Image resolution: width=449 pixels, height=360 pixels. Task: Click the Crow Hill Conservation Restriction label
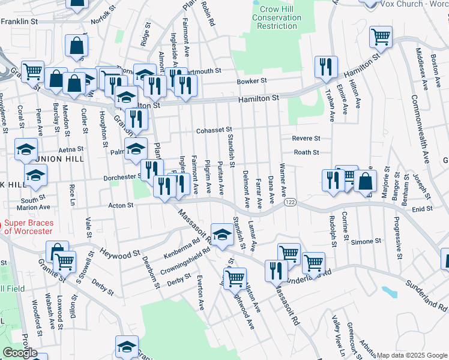277,18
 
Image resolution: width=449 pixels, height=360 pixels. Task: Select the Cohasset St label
213,131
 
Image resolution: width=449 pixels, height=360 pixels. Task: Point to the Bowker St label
252,80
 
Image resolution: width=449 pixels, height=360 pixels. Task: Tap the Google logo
20,352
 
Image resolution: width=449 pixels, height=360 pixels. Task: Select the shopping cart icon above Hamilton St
381,37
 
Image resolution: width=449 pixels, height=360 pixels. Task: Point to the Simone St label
362,241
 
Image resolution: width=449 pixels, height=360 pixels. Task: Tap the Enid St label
423,209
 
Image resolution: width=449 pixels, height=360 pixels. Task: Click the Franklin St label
19,21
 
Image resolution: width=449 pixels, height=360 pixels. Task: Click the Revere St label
306,138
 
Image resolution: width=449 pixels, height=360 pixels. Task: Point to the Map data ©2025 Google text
412,355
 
